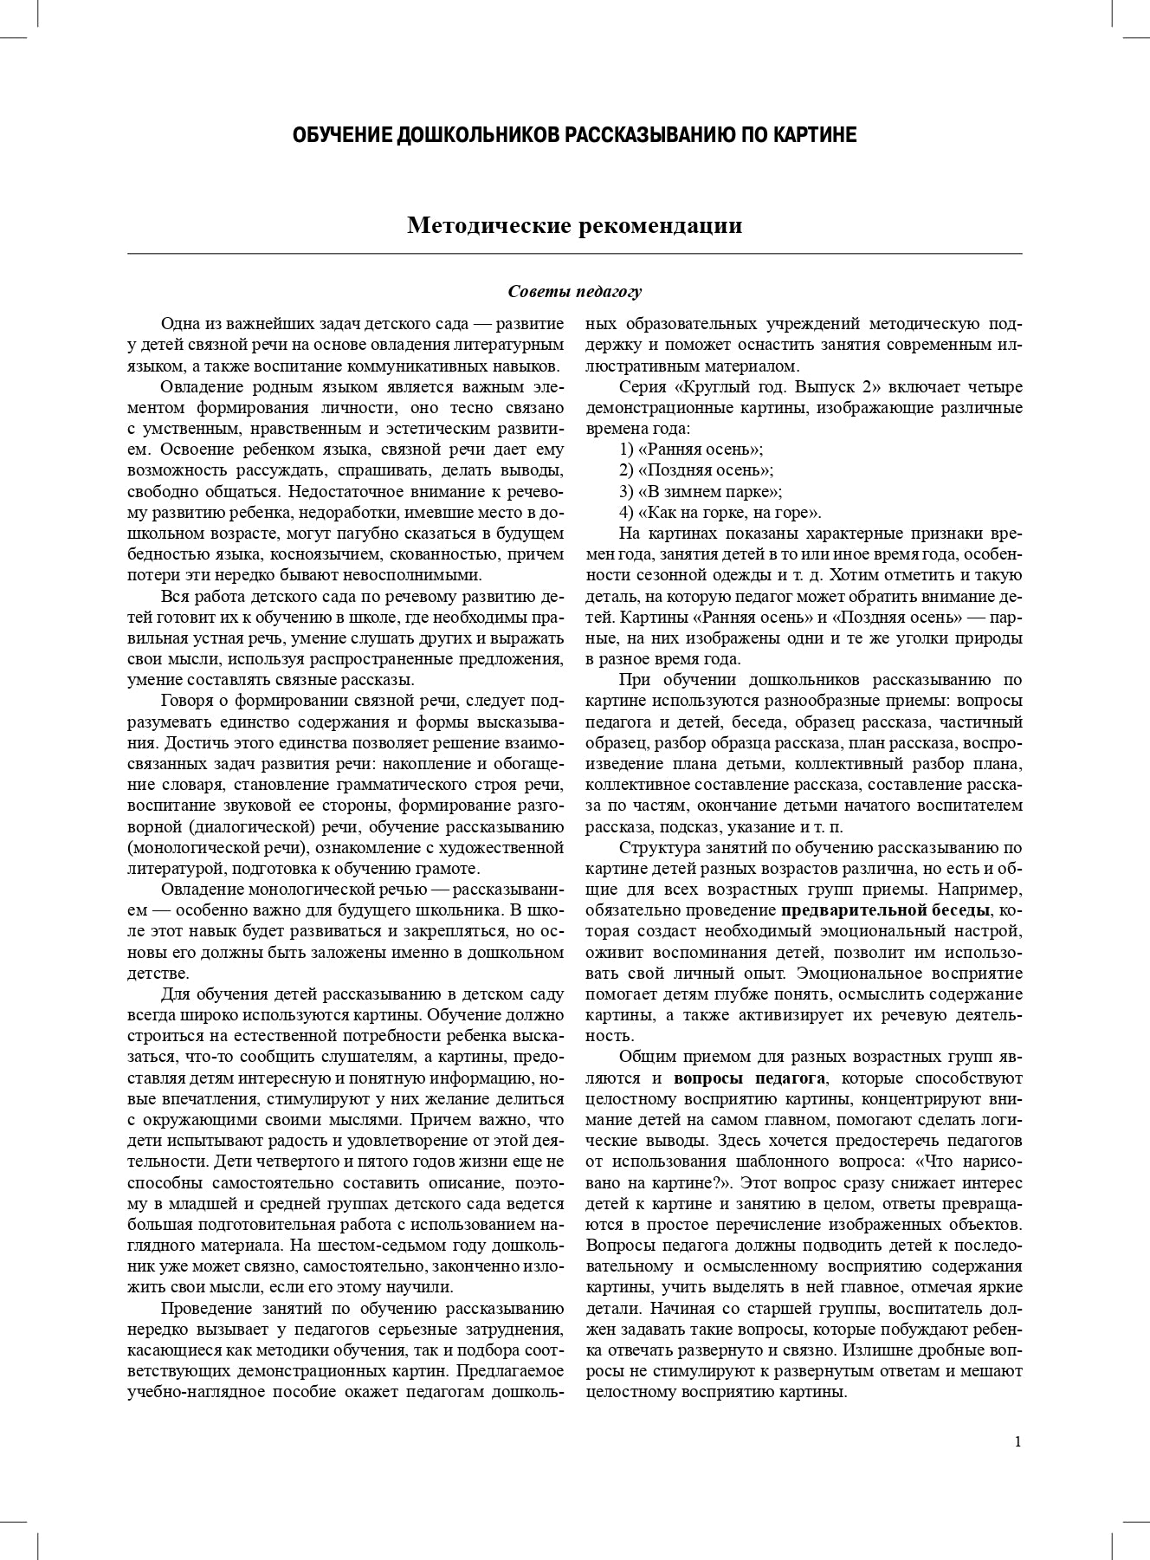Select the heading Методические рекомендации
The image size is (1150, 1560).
575,226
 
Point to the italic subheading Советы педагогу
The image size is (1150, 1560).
575,292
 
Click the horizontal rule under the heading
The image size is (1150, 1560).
575,254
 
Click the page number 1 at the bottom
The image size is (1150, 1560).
1018,1441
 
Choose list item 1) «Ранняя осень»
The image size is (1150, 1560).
691,450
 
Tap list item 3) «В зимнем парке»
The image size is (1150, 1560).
701,491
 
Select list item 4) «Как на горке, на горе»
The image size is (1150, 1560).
720,512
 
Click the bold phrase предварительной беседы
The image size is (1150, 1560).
885,910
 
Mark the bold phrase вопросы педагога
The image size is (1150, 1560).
750,1078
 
